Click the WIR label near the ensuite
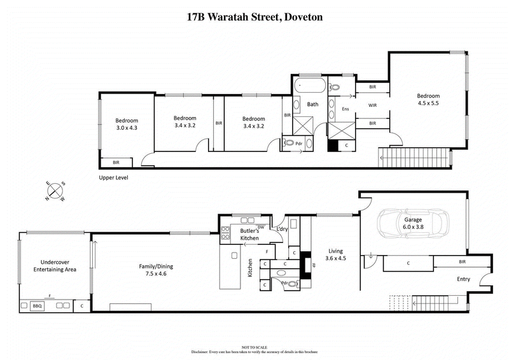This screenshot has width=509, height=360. (x=373, y=104)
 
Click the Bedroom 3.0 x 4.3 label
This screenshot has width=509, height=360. (x=126, y=124)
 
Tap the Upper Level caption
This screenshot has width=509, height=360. (x=113, y=178)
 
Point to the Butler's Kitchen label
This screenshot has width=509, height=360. (x=249, y=234)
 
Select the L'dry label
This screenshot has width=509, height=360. (x=281, y=229)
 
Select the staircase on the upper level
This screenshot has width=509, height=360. (x=414, y=156)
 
